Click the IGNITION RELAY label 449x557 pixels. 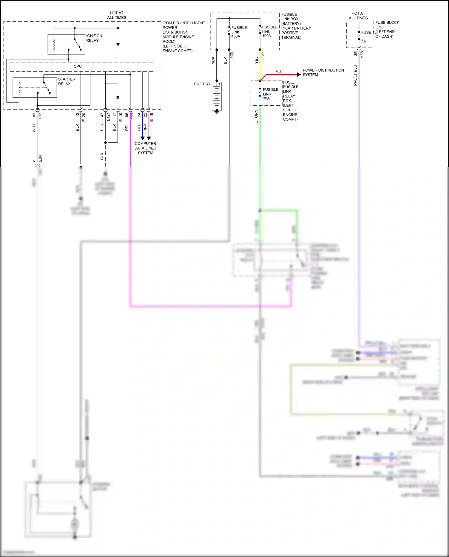pyautogui.click(x=94, y=38)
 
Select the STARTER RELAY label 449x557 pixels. pyautogui.click(x=66, y=81)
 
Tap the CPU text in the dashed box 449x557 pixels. pyautogui.click(x=78, y=66)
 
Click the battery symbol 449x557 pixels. pyautogui.click(x=217, y=96)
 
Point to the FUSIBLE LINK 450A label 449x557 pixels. pyautogui.click(x=239, y=32)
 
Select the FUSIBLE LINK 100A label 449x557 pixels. pyautogui.click(x=269, y=31)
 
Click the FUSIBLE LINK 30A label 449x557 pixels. pyautogui.click(x=270, y=94)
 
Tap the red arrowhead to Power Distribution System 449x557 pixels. pyautogui.click(x=299, y=75)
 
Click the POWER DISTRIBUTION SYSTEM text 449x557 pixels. pyautogui.click(x=323, y=72)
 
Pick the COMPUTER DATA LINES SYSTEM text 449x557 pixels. pyautogui.click(x=145, y=148)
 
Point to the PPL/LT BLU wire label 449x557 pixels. pyautogui.click(x=355, y=75)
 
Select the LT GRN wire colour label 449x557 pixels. pyautogui.click(x=256, y=116)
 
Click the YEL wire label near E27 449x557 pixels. pyautogui.click(x=256, y=60)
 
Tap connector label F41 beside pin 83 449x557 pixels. pyautogui.click(x=40, y=115)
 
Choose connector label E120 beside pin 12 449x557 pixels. pyautogui.click(x=84, y=117)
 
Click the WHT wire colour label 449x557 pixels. pyautogui.click(x=34, y=128)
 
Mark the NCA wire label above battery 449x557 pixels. pyautogui.click(x=213, y=60)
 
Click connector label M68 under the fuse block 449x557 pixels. pyautogui.click(x=362, y=54)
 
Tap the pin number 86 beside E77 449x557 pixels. pyautogui.click(x=127, y=115)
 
